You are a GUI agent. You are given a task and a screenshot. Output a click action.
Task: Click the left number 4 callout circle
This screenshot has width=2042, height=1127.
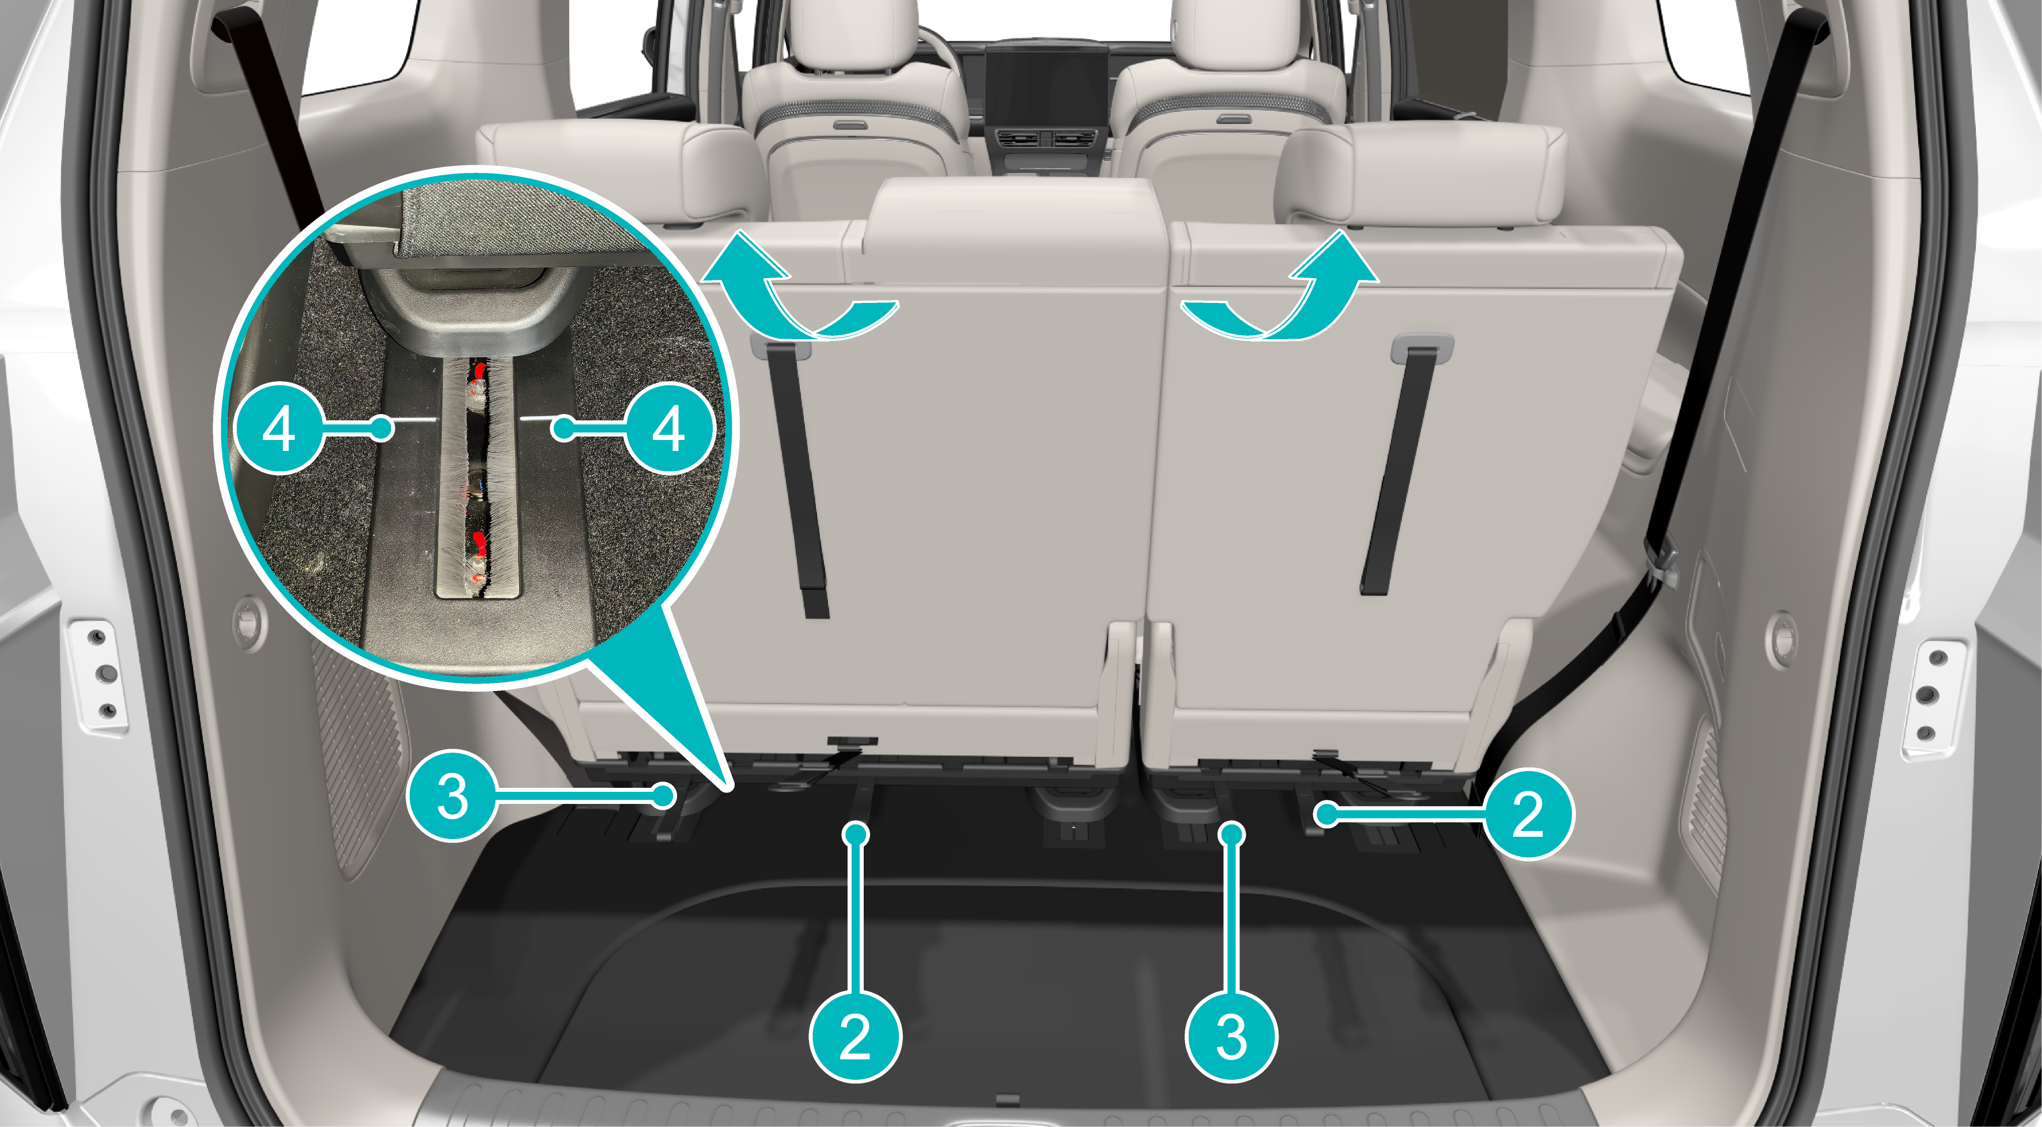point(279,429)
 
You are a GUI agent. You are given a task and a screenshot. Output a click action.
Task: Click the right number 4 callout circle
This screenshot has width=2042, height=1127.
point(668,429)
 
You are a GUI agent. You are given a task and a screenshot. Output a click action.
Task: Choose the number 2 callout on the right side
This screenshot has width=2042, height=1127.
point(1527,813)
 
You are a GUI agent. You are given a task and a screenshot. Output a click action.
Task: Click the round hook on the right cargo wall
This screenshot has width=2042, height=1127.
point(1780,639)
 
